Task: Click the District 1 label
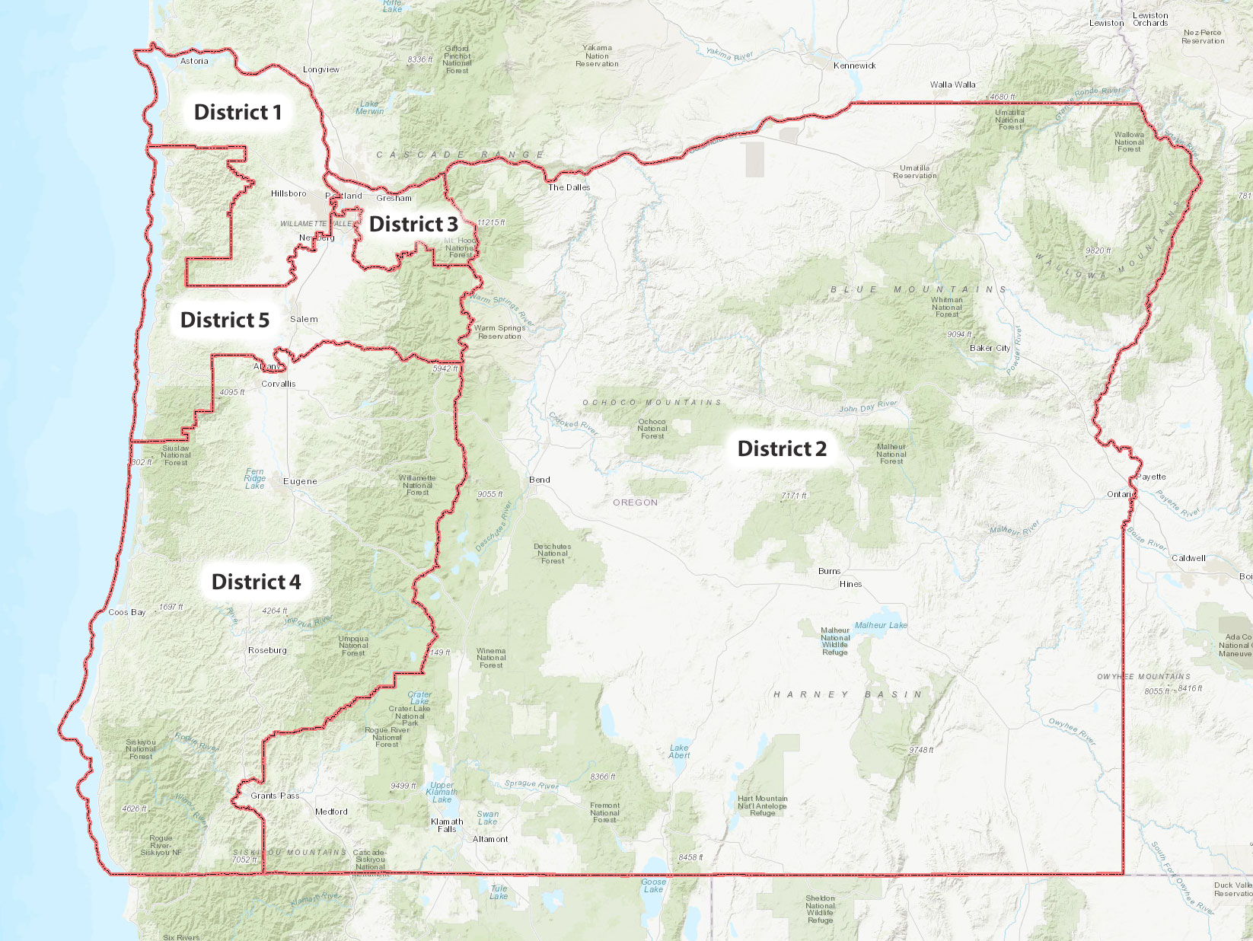coord(238,113)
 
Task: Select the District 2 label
coord(782,449)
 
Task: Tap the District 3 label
coord(413,225)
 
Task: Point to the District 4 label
coord(256,582)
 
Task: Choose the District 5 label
coord(225,321)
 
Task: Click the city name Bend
coord(539,480)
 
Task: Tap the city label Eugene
coord(300,481)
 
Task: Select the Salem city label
coord(304,319)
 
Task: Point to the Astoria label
coord(194,61)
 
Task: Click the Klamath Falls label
coord(447,825)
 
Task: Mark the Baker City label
coord(990,348)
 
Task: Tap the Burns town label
coord(829,571)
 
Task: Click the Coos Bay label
coord(126,612)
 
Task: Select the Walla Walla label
coord(952,85)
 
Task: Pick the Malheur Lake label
coord(881,625)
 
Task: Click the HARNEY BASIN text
coord(847,694)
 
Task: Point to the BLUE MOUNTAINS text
coord(918,289)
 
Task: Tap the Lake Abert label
coord(679,751)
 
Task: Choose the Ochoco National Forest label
coord(652,429)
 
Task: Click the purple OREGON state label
coord(635,502)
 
